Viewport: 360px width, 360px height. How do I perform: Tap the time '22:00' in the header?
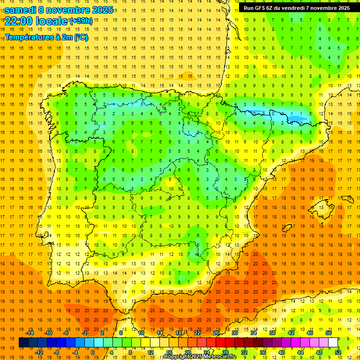pyautogui.click(x=18, y=21)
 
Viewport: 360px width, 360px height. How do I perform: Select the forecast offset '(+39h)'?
pyautogui.click(x=81, y=21)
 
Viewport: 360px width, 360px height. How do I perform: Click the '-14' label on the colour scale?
pyautogui.click(x=30, y=333)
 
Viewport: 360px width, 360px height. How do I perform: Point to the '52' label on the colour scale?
pyautogui.click(x=338, y=352)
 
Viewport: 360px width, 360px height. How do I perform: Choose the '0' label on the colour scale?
pyautogui.click(x=93, y=352)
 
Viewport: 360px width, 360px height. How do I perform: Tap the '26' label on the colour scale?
pyautogui.click(x=216, y=333)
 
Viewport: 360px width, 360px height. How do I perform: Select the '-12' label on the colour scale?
pyautogui.click(x=39, y=352)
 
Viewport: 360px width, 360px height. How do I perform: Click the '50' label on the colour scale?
pyautogui.click(x=328, y=333)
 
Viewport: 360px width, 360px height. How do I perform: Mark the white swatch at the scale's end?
pyautogui.click(x=333, y=343)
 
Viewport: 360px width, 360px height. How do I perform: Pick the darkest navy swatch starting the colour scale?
pyautogui.click(x=23, y=343)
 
